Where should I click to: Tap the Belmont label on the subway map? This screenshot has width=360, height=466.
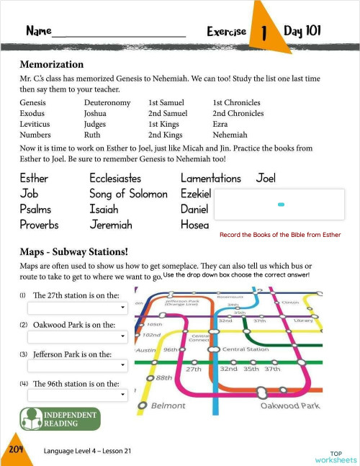tap(168, 405)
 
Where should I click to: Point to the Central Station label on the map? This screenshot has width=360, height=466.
tap(246, 349)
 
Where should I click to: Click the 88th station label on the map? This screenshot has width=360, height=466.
tap(163, 377)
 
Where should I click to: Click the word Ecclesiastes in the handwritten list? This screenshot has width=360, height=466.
tap(115, 178)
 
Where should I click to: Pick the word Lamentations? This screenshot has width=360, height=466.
tap(211, 178)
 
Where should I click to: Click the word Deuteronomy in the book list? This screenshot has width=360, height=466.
tap(107, 103)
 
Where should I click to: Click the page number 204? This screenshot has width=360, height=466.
tap(16, 449)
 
